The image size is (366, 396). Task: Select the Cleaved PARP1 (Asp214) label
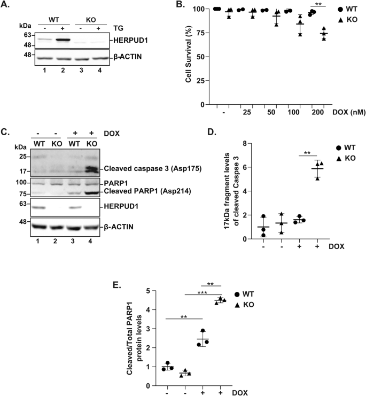[x=141, y=191]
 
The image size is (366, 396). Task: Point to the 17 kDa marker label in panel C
[x=20, y=172]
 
